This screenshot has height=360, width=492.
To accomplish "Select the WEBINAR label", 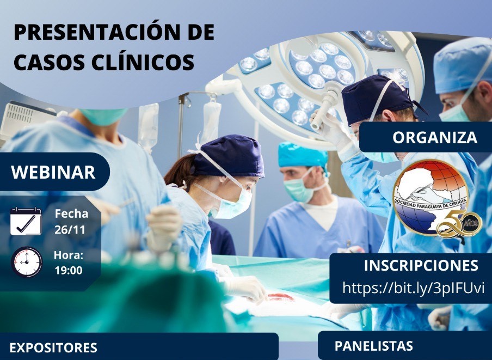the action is [53, 172].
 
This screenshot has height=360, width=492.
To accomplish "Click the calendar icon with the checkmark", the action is [26, 221].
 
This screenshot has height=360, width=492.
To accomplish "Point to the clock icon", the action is [26, 262].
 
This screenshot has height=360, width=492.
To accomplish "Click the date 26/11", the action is [70, 230].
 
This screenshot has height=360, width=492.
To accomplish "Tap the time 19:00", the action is [69, 270].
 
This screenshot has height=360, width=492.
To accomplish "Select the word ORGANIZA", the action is [434, 137].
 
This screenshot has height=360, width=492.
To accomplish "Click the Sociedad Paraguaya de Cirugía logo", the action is [431, 197].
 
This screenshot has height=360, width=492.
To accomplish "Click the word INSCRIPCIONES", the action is [421, 266].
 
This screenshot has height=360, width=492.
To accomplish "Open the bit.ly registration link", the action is [414, 288].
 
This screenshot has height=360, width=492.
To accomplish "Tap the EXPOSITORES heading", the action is [53, 348].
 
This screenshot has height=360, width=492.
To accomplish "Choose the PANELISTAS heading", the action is [374, 346].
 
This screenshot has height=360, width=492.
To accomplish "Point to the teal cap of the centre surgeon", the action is [303, 155].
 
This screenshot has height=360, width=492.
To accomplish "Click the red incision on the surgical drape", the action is [281, 297].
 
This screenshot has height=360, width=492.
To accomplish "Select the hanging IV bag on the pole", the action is [148, 124].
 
